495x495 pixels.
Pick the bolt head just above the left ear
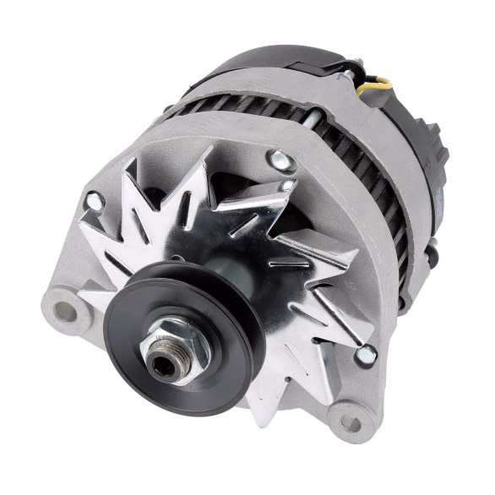point(95,202)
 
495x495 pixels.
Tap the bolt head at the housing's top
point(280,159)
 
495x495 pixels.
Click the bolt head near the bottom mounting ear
point(365,355)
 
